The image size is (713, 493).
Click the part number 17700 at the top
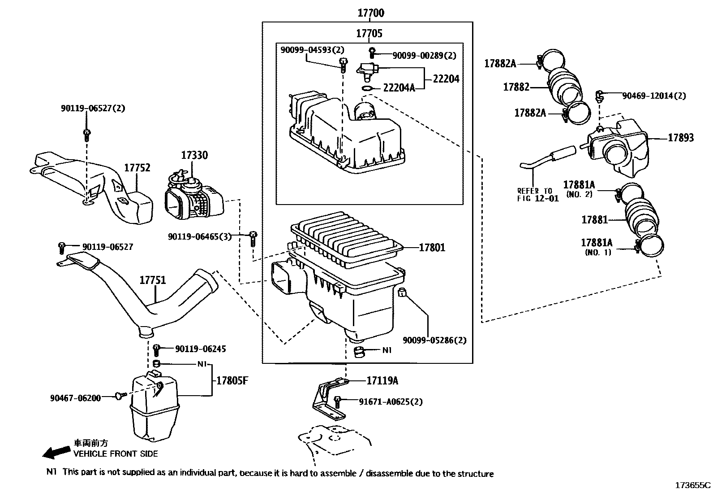click(x=371, y=13)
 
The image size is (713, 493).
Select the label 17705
click(x=369, y=33)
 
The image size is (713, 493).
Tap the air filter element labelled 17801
click(x=347, y=239)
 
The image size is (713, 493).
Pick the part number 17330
click(x=194, y=155)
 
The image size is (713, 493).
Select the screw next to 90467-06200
click(x=120, y=396)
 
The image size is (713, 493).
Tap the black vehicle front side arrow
click(x=56, y=452)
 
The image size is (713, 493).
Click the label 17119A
click(x=382, y=380)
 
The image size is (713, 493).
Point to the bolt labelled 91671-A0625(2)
click(x=337, y=402)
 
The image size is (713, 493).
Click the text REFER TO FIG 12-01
click(x=538, y=195)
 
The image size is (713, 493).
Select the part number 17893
click(x=681, y=138)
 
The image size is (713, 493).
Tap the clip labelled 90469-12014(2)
click(x=599, y=96)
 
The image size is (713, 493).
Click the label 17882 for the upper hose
click(x=516, y=87)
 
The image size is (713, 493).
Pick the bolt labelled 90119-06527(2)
click(x=86, y=135)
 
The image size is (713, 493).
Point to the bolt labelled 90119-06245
click(x=156, y=350)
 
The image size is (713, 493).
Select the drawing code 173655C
click(x=693, y=485)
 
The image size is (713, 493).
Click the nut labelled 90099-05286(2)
click(x=402, y=292)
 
